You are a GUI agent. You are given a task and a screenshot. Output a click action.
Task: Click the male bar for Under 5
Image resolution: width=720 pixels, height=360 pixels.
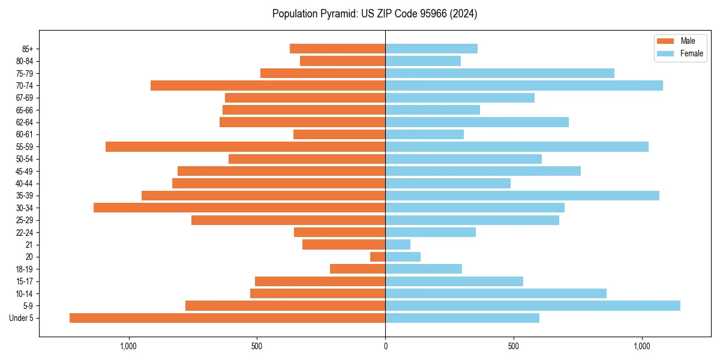pos(227,318)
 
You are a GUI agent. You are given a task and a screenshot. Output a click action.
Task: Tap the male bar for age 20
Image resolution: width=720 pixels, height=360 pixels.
pos(377,257)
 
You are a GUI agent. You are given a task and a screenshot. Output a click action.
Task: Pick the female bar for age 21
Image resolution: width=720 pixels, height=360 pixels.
pos(398,245)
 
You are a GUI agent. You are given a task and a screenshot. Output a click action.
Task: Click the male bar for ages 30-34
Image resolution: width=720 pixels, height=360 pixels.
pos(239,208)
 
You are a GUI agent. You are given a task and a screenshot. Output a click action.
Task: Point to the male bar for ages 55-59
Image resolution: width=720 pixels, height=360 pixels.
pos(245,147)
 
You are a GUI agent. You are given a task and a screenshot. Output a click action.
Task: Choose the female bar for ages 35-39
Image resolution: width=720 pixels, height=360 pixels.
pos(522,196)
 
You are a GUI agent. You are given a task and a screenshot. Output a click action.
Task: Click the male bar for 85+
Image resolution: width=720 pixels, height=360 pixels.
pos(337,49)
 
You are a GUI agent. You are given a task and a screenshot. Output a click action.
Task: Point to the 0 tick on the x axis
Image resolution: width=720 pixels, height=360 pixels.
pos(385,346)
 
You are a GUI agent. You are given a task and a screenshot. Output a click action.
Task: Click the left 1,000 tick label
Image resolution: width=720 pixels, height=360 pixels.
pos(129,346)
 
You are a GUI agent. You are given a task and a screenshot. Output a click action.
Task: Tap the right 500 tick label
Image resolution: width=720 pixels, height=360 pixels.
pos(514,346)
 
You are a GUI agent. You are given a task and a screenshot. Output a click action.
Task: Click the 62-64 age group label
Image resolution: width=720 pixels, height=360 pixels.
pos(25,122)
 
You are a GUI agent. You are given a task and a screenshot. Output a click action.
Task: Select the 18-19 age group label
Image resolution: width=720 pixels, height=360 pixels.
pos(25,269)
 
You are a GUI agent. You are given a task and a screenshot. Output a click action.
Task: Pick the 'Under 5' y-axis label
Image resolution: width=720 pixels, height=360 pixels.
pos(22,318)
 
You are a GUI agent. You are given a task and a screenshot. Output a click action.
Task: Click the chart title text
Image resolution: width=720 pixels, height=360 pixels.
pos(374,14)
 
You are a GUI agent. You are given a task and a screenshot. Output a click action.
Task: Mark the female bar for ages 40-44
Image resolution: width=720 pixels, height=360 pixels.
pos(448,184)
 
